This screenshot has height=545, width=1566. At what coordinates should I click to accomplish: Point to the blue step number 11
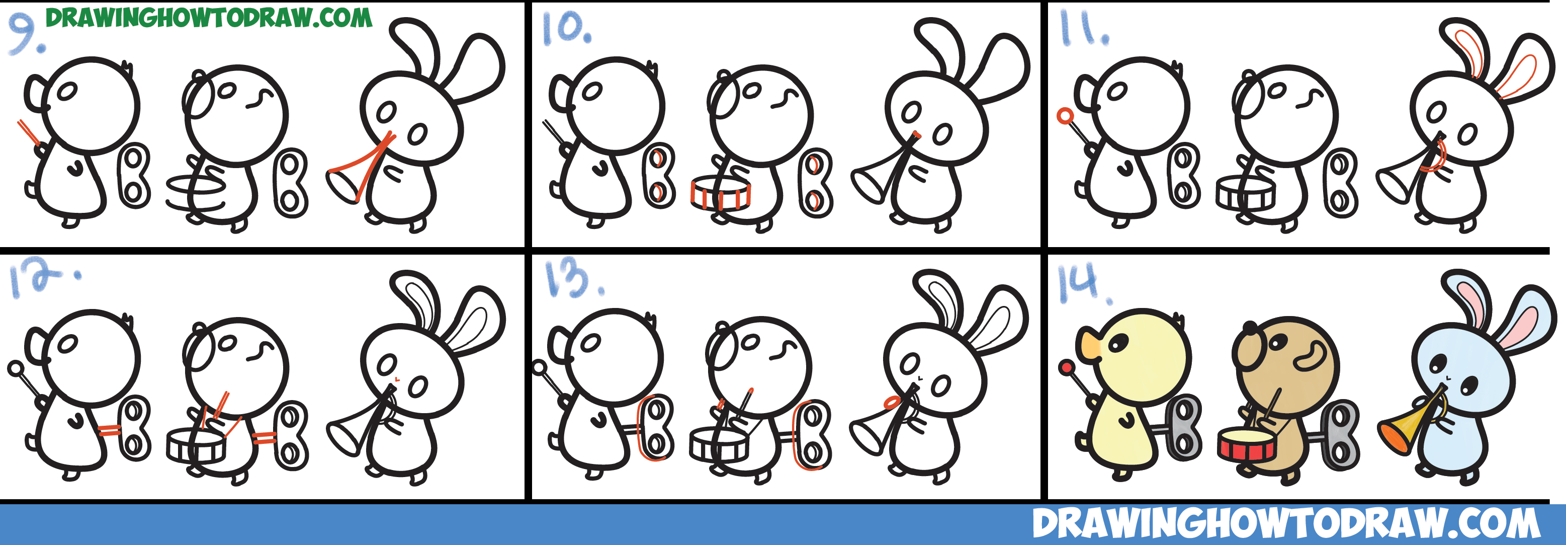click(1084, 29)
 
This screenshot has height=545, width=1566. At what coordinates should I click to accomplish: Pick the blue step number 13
click(574, 280)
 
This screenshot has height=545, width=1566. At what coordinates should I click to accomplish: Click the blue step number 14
click(1086, 283)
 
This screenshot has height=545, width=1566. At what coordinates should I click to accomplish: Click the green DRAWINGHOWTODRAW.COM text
click(209, 18)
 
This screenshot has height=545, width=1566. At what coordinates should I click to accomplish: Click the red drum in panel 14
click(1246, 444)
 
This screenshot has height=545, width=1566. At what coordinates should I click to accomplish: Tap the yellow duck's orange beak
click(1089, 346)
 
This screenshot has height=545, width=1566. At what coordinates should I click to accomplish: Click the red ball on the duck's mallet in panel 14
click(1066, 367)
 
